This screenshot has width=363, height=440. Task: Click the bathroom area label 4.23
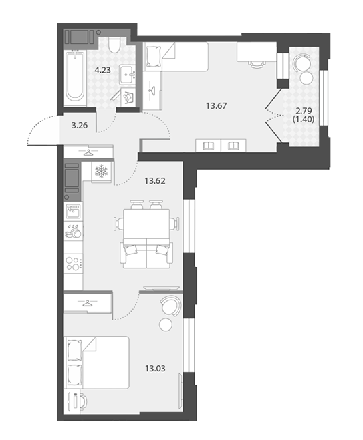click(x=102, y=70)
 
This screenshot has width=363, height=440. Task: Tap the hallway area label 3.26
click(x=80, y=125)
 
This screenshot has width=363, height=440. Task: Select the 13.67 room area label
click(x=217, y=105)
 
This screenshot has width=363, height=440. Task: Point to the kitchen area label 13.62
click(x=155, y=181)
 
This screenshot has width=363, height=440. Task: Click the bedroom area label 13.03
click(x=155, y=368)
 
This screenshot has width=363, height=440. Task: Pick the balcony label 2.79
click(x=304, y=110)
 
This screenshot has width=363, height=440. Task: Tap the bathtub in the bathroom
click(x=75, y=75)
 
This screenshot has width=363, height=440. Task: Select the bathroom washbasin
click(x=127, y=75)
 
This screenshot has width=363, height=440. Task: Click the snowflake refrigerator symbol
click(x=101, y=172)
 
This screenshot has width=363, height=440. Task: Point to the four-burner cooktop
click(x=73, y=264)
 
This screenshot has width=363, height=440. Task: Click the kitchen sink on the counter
click(x=73, y=211)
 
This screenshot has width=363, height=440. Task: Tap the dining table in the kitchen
click(x=146, y=224)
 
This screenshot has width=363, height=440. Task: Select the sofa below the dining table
click(x=146, y=254)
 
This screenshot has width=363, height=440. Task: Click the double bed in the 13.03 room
click(x=98, y=363)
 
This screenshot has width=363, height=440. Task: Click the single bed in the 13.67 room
click(x=176, y=56)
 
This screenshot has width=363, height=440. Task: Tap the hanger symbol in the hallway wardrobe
click(x=88, y=153)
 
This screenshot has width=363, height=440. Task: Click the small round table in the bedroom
click(x=166, y=324)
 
